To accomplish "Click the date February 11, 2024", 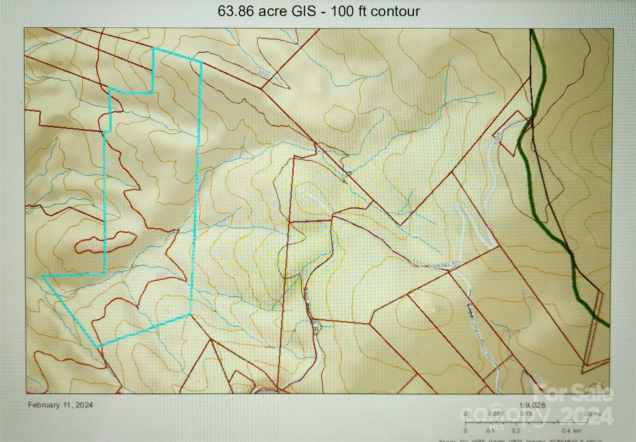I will [x=60, y=405].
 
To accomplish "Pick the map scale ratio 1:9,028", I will [x=532, y=405].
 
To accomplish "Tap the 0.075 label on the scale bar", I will [x=496, y=413].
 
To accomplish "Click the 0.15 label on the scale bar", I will [x=526, y=413].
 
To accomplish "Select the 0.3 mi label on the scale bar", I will [x=592, y=413].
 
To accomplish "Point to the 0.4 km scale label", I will [x=571, y=431].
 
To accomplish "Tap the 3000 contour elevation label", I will [x=263, y=74].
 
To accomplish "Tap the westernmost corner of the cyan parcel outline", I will [x=43, y=276].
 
